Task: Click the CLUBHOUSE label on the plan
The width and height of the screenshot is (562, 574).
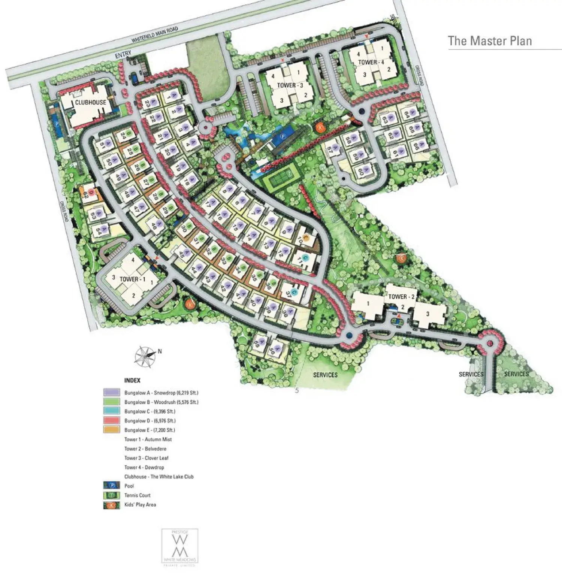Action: (x=90, y=102)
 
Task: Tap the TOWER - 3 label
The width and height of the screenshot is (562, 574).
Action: (x=290, y=85)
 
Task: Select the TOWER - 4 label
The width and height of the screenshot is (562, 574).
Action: (x=371, y=62)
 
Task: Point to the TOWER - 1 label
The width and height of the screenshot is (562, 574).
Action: (x=132, y=279)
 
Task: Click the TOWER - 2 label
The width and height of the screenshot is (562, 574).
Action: (x=401, y=297)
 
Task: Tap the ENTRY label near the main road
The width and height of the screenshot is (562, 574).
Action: (x=123, y=55)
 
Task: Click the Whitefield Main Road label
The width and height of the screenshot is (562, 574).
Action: (x=154, y=34)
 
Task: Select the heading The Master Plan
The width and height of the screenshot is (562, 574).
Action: (x=490, y=40)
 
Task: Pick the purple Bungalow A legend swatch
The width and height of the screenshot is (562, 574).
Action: (x=111, y=393)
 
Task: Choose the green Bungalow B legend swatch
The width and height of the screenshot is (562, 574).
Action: (x=111, y=402)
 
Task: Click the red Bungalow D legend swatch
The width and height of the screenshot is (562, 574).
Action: (x=111, y=421)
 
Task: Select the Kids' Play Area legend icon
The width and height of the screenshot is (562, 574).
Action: (x=111, y=505)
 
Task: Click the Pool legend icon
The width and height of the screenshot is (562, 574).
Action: (x=111, y=486)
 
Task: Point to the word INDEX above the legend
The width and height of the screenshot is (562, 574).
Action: (x=132, y=380)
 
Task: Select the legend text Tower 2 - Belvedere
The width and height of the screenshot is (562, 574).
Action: (x=145, y=448)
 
